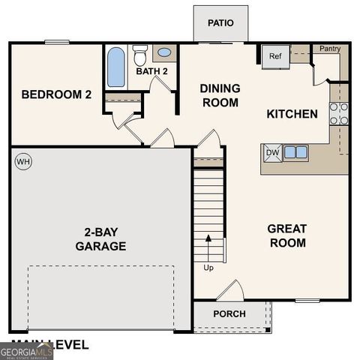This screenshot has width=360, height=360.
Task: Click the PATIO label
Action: point(220,22)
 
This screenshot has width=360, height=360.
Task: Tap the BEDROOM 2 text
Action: point(56,94)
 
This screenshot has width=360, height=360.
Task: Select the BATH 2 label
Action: point(151,72)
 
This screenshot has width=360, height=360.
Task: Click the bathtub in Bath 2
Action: point(116,67)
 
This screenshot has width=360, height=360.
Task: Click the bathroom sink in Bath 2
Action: point(164,53)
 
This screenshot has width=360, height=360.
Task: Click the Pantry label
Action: point(330,49)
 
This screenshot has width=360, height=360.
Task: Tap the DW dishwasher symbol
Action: point(271,152)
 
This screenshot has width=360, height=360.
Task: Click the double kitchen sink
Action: point(295,152)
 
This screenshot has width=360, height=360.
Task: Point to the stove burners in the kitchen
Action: point(339,112)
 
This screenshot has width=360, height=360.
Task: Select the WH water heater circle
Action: point(23,161)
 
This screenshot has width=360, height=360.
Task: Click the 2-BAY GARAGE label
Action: point(100,239)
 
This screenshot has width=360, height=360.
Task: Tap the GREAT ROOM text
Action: point(287,235)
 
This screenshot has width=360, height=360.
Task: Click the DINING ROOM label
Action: point(220,95)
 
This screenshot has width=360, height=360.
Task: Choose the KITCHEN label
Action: point(292,115)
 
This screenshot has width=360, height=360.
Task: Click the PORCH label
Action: point(229,313)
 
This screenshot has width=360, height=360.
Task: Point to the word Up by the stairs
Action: point(208,267)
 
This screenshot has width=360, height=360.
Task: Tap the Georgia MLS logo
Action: point(26,351)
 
